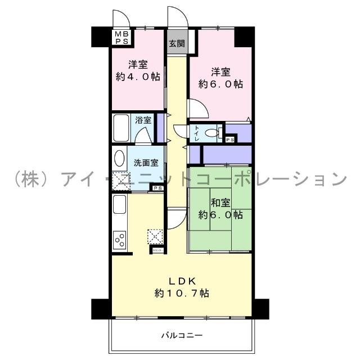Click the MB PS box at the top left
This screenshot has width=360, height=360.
point(121,37)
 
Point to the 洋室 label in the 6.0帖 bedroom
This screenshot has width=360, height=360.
point(220,71)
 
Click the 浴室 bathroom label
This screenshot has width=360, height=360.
point(143,120)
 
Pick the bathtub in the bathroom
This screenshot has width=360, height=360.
point(121,129)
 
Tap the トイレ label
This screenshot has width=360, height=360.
point(196,133)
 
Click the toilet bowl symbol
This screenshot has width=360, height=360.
point(211,134)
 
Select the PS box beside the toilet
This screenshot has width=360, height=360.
point(229,139)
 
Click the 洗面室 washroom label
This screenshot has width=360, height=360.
point(146,163)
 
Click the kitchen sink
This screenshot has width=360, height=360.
point(120,205)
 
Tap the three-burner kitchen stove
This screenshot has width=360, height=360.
point(120,240)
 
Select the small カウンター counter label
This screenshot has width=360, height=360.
point(155,248)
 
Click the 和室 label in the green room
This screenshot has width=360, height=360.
point(220,202)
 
